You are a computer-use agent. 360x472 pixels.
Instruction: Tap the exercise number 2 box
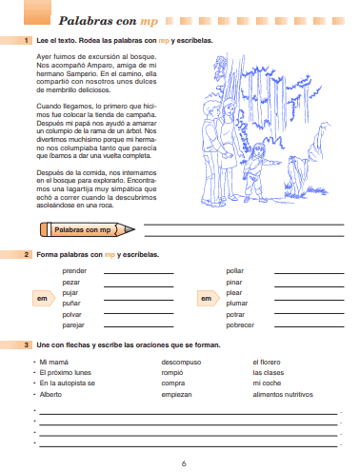pos(28,256)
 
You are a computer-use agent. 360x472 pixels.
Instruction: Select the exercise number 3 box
pos(28,344)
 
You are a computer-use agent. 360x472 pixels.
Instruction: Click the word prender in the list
pos(75,271)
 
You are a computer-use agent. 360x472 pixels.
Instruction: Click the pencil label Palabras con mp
pos(83,229)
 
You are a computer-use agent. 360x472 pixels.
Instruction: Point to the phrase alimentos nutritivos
pos(282,394)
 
